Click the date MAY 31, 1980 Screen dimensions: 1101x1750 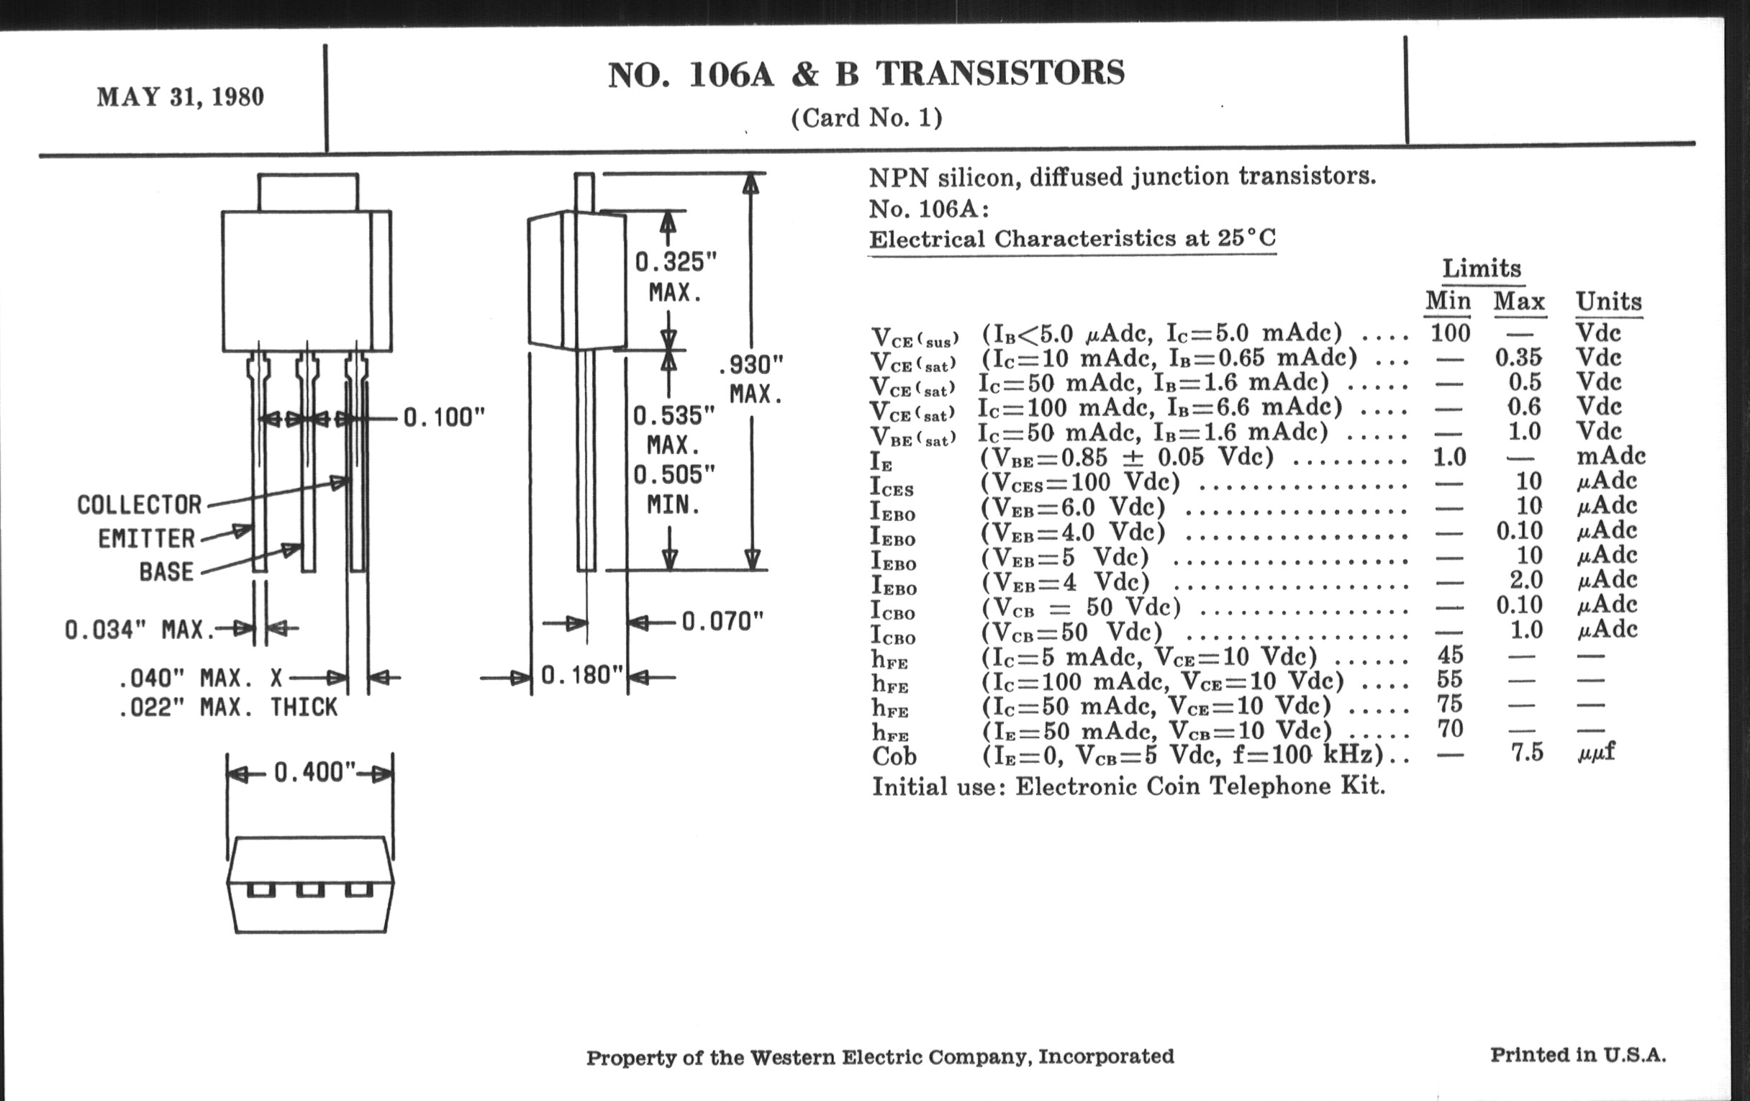[180, 96]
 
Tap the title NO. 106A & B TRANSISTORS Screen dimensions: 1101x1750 [866, 74]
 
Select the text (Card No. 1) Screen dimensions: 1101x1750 [866, 118]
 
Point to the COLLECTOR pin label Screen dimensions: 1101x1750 [140, 505]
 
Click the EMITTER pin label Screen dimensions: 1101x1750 [147, 538]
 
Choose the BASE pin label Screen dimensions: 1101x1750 [166, 572]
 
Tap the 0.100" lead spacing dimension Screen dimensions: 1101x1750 [443, 418]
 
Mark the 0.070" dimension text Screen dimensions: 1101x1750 [722, 621]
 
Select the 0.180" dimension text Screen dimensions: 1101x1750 [581, 675]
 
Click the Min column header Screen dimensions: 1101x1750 [1448, 301]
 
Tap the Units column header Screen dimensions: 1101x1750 [1608, 302]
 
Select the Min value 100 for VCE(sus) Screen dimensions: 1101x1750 [1450, 334]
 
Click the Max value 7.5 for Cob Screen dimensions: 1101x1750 [1526, 752]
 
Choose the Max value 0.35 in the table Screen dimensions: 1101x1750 [1518, 358]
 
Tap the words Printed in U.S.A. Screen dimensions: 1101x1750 [1578, 1055]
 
